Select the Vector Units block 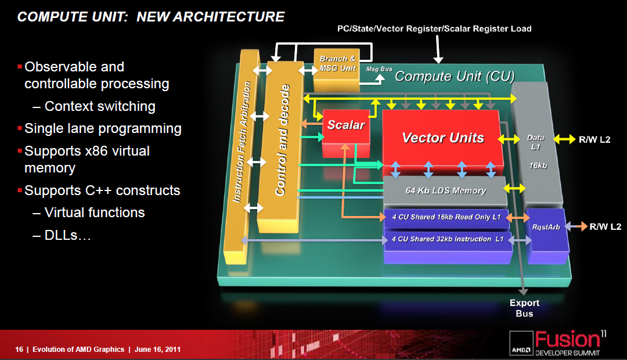click(442, 138)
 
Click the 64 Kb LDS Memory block click(445, 191)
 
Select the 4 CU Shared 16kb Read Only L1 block click(446, 217)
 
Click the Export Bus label click(524, 308)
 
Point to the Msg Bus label click(379, 69)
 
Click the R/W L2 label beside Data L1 click(594, 139)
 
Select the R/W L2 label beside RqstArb click(605, 227)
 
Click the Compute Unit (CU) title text click(455, 76)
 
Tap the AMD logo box click(521, 344)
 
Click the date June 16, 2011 click(157, 349)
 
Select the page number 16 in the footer click(19, 349)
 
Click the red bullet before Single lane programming click(20, 128)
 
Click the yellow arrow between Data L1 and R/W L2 click(564, 139)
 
